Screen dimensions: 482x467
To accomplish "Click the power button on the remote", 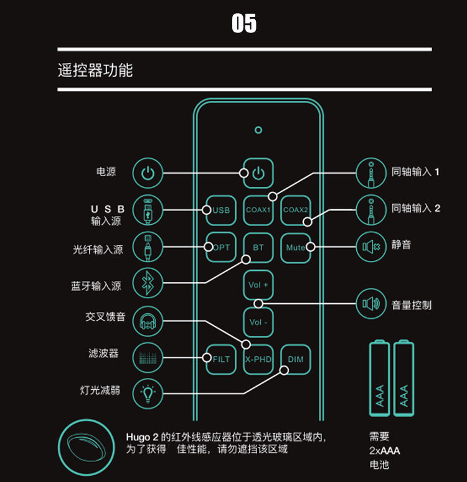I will (258, 173).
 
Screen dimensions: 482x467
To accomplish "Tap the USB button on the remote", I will (221, 210).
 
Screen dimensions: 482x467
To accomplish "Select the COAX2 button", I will (296, 210).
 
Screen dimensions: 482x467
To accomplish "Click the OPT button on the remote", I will (221, 247).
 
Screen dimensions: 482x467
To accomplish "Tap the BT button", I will (258, 247).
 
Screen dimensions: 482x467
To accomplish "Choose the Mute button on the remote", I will (296, 247).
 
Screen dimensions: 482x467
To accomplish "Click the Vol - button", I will (258, 323).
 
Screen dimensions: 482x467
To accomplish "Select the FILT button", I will (221, 359).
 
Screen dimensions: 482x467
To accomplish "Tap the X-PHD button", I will (258, 359).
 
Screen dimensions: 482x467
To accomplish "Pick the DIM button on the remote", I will (296, 359).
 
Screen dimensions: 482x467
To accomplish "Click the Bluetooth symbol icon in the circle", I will (148, 285).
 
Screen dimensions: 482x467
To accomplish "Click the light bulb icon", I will (148, 393).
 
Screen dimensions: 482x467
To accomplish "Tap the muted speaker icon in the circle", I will (371, 247).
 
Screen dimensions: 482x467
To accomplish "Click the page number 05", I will (243, 24).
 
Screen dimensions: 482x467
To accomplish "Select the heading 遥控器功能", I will (95, 70).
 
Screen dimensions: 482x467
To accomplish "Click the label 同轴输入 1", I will (416, 172).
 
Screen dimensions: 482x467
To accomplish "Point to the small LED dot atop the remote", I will (258, 130).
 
